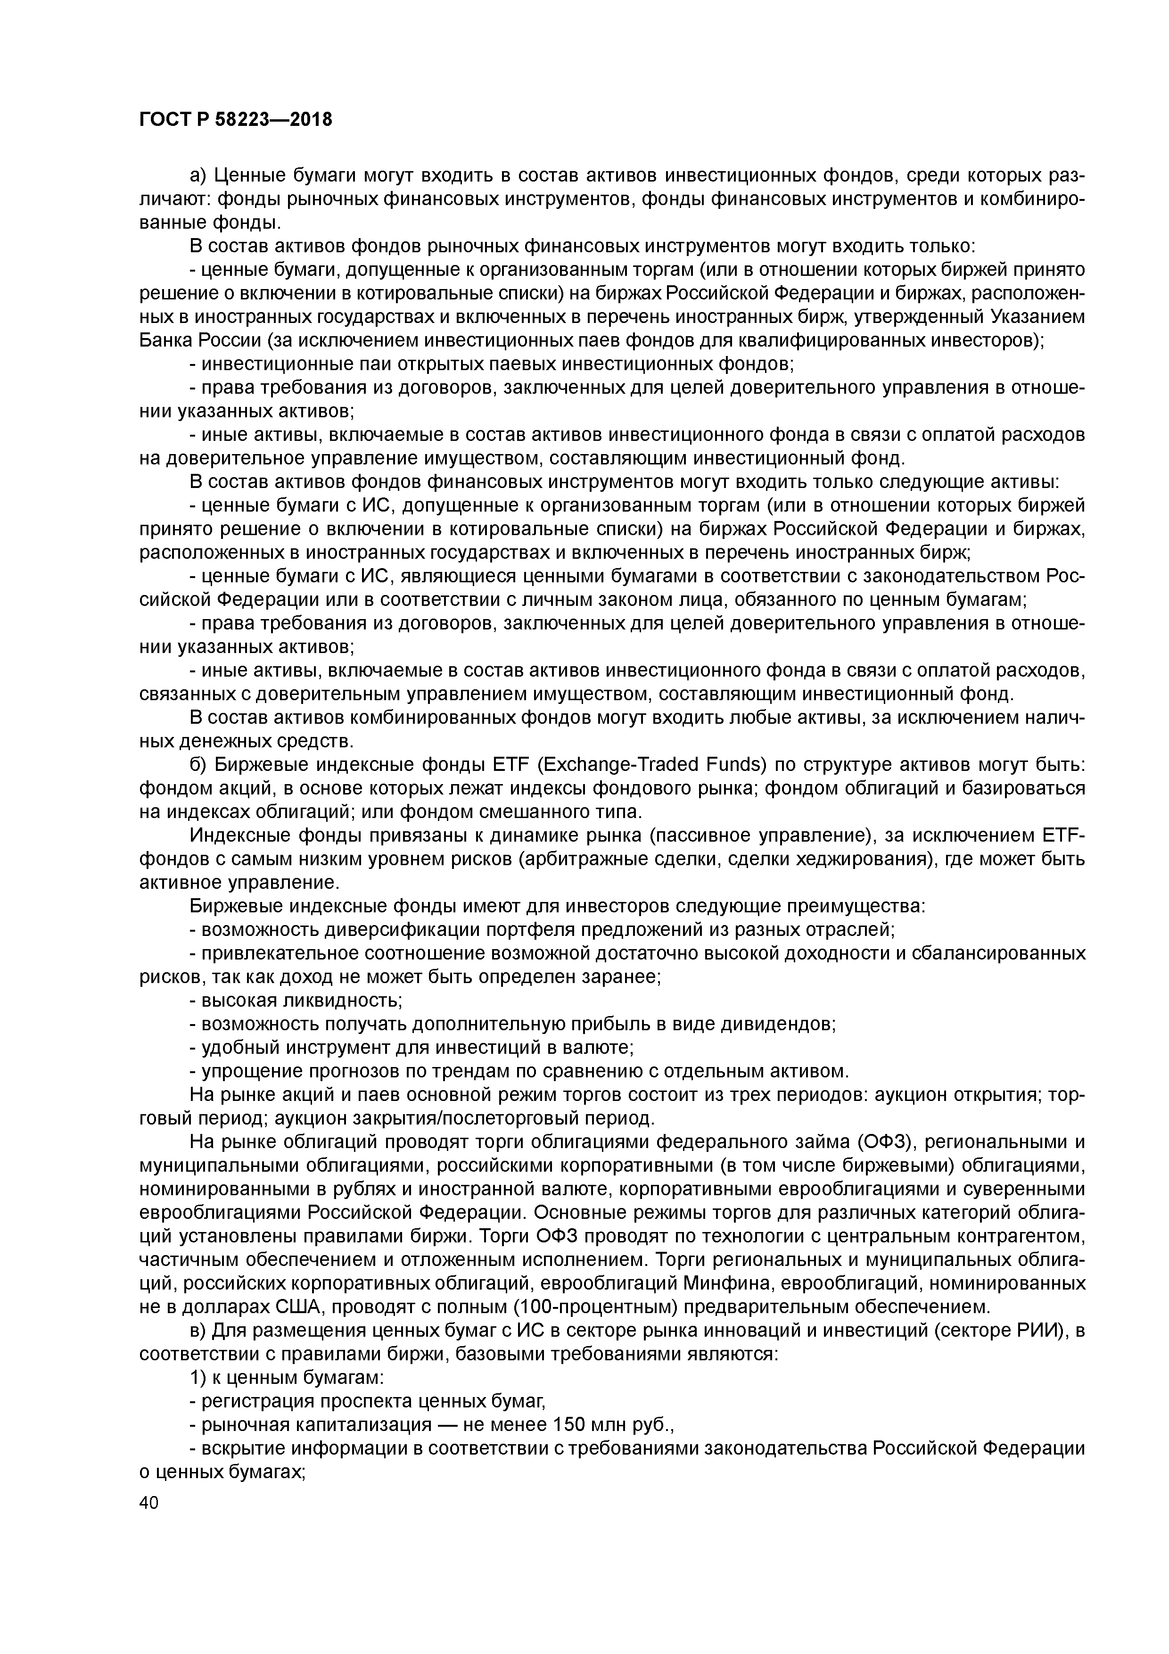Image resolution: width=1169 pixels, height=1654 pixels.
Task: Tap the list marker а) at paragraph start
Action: pos(198,176)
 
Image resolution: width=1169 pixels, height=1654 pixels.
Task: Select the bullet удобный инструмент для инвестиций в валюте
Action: pos(411,1048)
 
